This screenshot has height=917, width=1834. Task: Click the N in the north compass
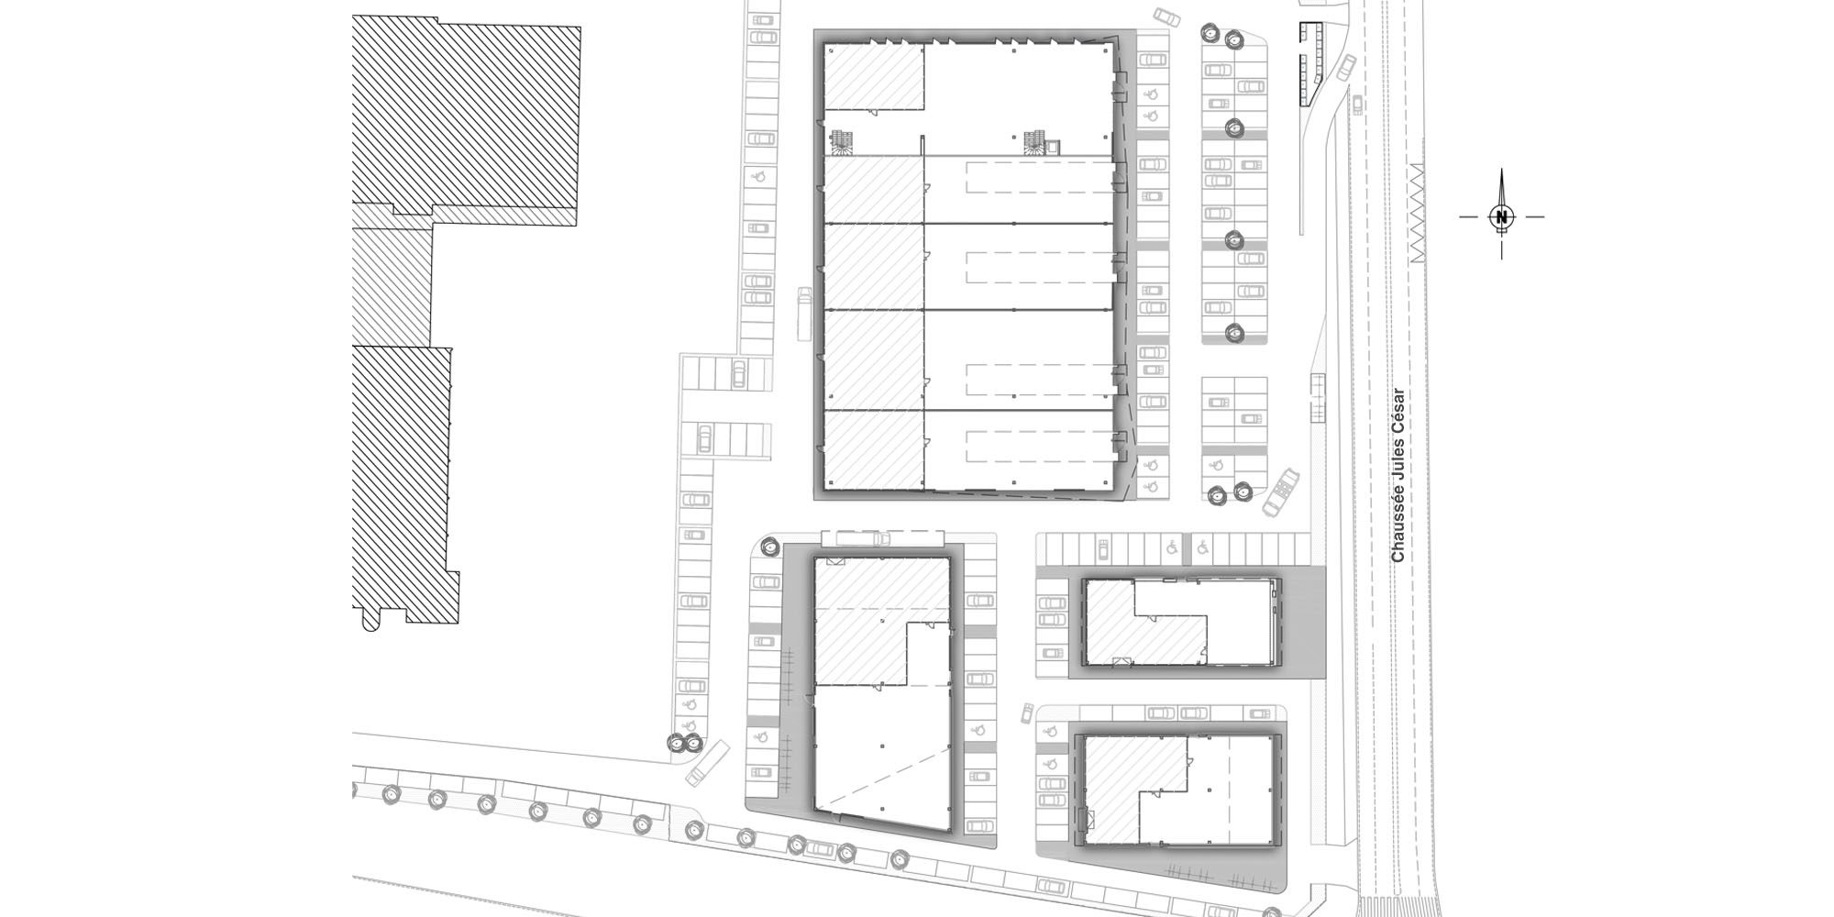pos(1501,217)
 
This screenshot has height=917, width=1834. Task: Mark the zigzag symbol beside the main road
pos(1416,214)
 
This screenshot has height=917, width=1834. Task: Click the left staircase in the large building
pos(842,141)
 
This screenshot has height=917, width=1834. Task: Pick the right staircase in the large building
pos(1034,141)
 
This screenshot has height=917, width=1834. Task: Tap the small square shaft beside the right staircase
pos(1054,145)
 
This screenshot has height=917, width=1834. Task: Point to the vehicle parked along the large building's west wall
pos(805,313)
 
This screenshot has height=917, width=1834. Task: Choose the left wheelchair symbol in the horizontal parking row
pos(1172,548)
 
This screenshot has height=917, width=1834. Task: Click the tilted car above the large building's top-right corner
pos(1167,17)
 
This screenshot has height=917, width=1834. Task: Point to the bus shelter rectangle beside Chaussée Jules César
pos(1319,398)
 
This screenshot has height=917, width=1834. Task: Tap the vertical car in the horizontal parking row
pos(1102,549)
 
